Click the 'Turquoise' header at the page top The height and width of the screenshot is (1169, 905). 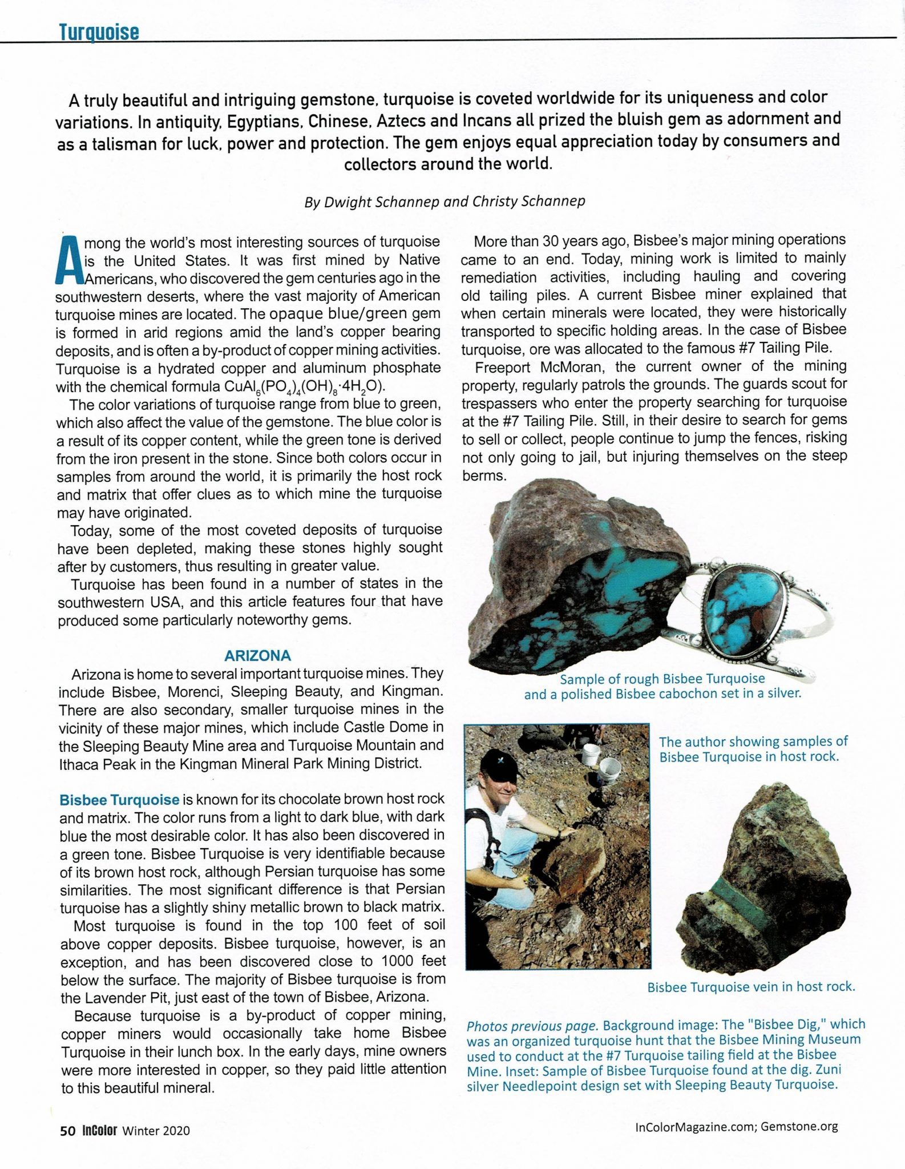pyautogui.click(x=99, y=32)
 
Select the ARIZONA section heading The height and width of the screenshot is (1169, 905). pyautogui.click(x=257, y=655)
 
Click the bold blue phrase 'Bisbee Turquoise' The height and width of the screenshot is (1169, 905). pyautogui.click(x=119, y=800)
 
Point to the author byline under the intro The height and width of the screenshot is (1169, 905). pyautogui.click(x=445, y=202)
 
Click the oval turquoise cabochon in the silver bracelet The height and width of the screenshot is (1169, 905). pyautogui.click(x=745, y=604)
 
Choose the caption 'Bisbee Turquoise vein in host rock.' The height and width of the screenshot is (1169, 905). pyautogui.click(x=750, y=986)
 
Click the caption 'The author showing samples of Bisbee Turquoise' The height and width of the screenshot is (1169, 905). pyautogui.click(x=753, y=749)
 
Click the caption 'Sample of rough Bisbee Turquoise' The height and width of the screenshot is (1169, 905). pyautogui.click(x=662, y=679)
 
